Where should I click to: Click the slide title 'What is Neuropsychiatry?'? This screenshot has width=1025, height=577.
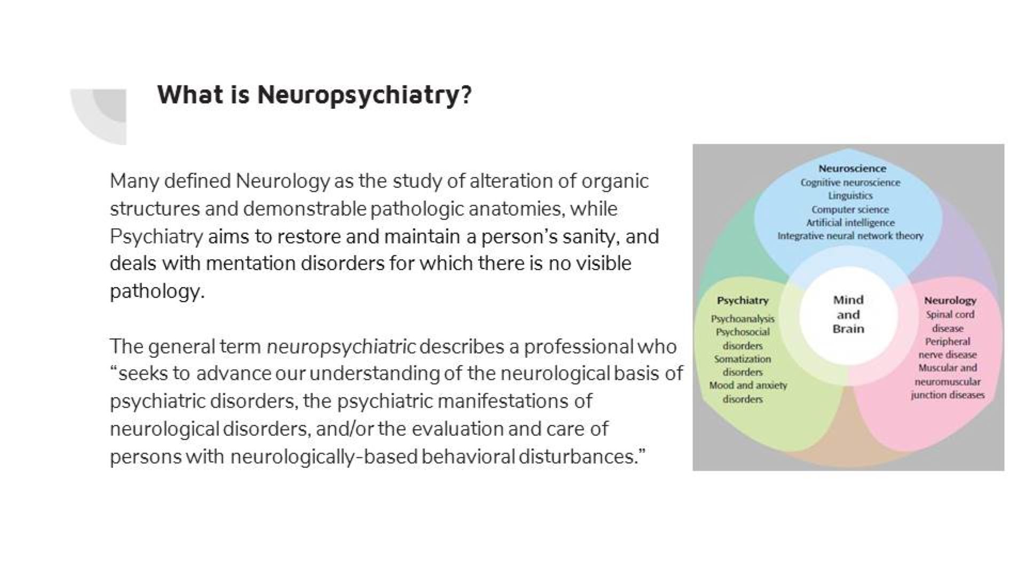pyautogui.click(x=314, y=95)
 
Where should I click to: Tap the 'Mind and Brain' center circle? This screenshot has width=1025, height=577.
pyautogui.click(x=848, y=315)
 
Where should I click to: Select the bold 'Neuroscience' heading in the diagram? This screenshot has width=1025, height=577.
pyautogui.click(x=852, y=169)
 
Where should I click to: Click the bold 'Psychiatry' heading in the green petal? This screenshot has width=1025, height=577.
pyautogui.click(x=743, y=301)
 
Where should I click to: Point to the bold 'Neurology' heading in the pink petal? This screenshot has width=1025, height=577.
pyautogui.click(x=950, y=301)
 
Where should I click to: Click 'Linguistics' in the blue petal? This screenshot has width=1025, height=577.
pyautogui.click(x=850, y=196)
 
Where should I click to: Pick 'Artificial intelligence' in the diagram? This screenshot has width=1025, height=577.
pyautogui.click(x=850, y=223)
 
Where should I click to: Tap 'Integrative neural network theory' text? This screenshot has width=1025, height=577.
pyautogui.click(x=850, y=236)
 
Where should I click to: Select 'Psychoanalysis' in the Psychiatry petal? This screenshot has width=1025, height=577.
pyautogui.click(x=742, y=319)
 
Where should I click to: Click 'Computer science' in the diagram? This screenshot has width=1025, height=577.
pyautogui.click(x=850, y=209)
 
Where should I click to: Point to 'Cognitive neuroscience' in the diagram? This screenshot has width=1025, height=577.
pyautogui.click(x=850, y=183)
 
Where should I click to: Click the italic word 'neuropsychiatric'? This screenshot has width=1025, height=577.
pyautogui.click(x=341, y=347)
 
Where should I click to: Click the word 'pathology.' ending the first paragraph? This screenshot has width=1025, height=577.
pyautogui.click(x=157, y=292)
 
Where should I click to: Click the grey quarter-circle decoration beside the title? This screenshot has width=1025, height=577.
pyautogui.click(x=101, y=115)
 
